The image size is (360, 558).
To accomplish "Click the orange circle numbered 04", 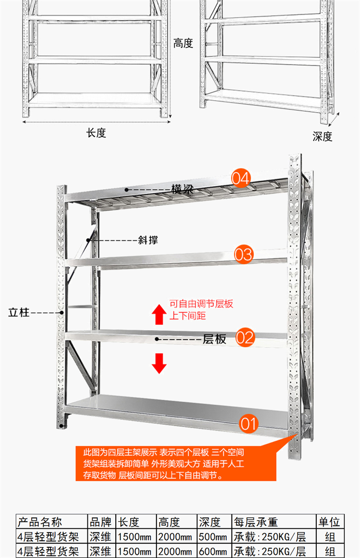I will tap(241, 178).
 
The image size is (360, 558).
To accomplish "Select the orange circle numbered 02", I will tap(245, 338).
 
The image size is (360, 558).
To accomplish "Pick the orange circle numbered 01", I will tap(249, 424).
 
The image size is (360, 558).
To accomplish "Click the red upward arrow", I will tap(159, 314).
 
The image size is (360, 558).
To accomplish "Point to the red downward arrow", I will tap(159, 363).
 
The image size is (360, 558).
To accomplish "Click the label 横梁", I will tap(182, 189).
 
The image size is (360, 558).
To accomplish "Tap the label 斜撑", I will tap(147, 239).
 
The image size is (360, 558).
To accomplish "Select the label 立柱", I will tap(19, 313).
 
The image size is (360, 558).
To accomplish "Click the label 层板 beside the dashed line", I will tap(215, 339).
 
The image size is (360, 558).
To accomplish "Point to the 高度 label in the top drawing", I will tap(183, 44).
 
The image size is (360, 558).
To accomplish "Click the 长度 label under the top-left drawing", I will tap(96, 133).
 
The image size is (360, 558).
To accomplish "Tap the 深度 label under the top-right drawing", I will tap(323, 136).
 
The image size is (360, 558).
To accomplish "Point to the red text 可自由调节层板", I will tap(202, 304).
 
